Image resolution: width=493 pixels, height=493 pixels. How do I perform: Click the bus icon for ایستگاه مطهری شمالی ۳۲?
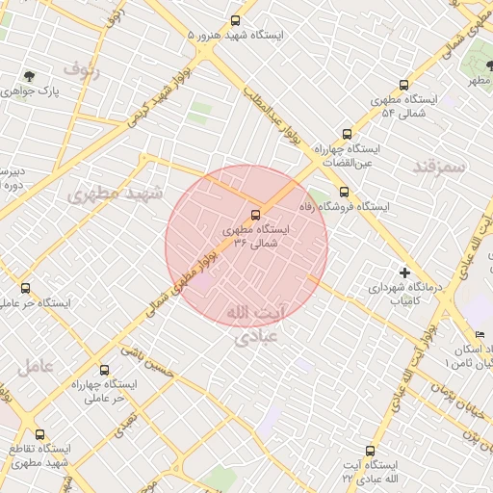click(255, 215)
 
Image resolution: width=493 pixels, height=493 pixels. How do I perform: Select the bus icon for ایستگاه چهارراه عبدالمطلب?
click(347, 135)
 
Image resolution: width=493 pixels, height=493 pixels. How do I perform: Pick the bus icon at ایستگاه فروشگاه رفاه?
click(344, 191)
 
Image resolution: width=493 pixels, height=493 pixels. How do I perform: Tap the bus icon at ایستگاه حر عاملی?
click(25, 288)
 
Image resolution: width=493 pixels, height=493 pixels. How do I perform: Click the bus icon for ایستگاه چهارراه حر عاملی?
click(104, 369)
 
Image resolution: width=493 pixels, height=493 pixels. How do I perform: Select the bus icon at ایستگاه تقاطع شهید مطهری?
click(39, 434)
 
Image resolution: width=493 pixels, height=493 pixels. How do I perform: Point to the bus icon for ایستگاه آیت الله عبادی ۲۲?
click(371, 451)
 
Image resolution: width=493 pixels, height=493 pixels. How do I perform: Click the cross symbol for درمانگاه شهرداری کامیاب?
click(404, 272)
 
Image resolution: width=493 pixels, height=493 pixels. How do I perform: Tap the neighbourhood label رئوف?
click(81, 68)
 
